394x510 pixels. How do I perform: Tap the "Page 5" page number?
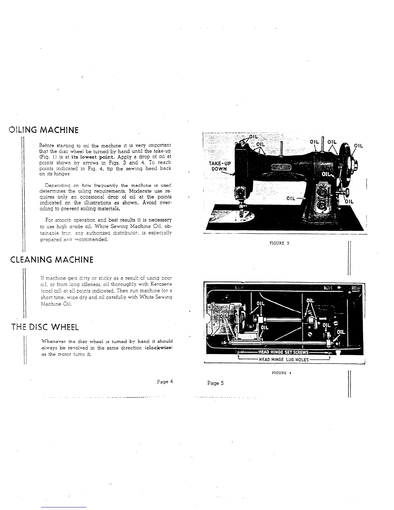[215, 383]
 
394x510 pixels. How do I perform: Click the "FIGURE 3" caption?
[279, 243]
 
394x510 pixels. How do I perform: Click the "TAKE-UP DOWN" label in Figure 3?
[220, 166]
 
